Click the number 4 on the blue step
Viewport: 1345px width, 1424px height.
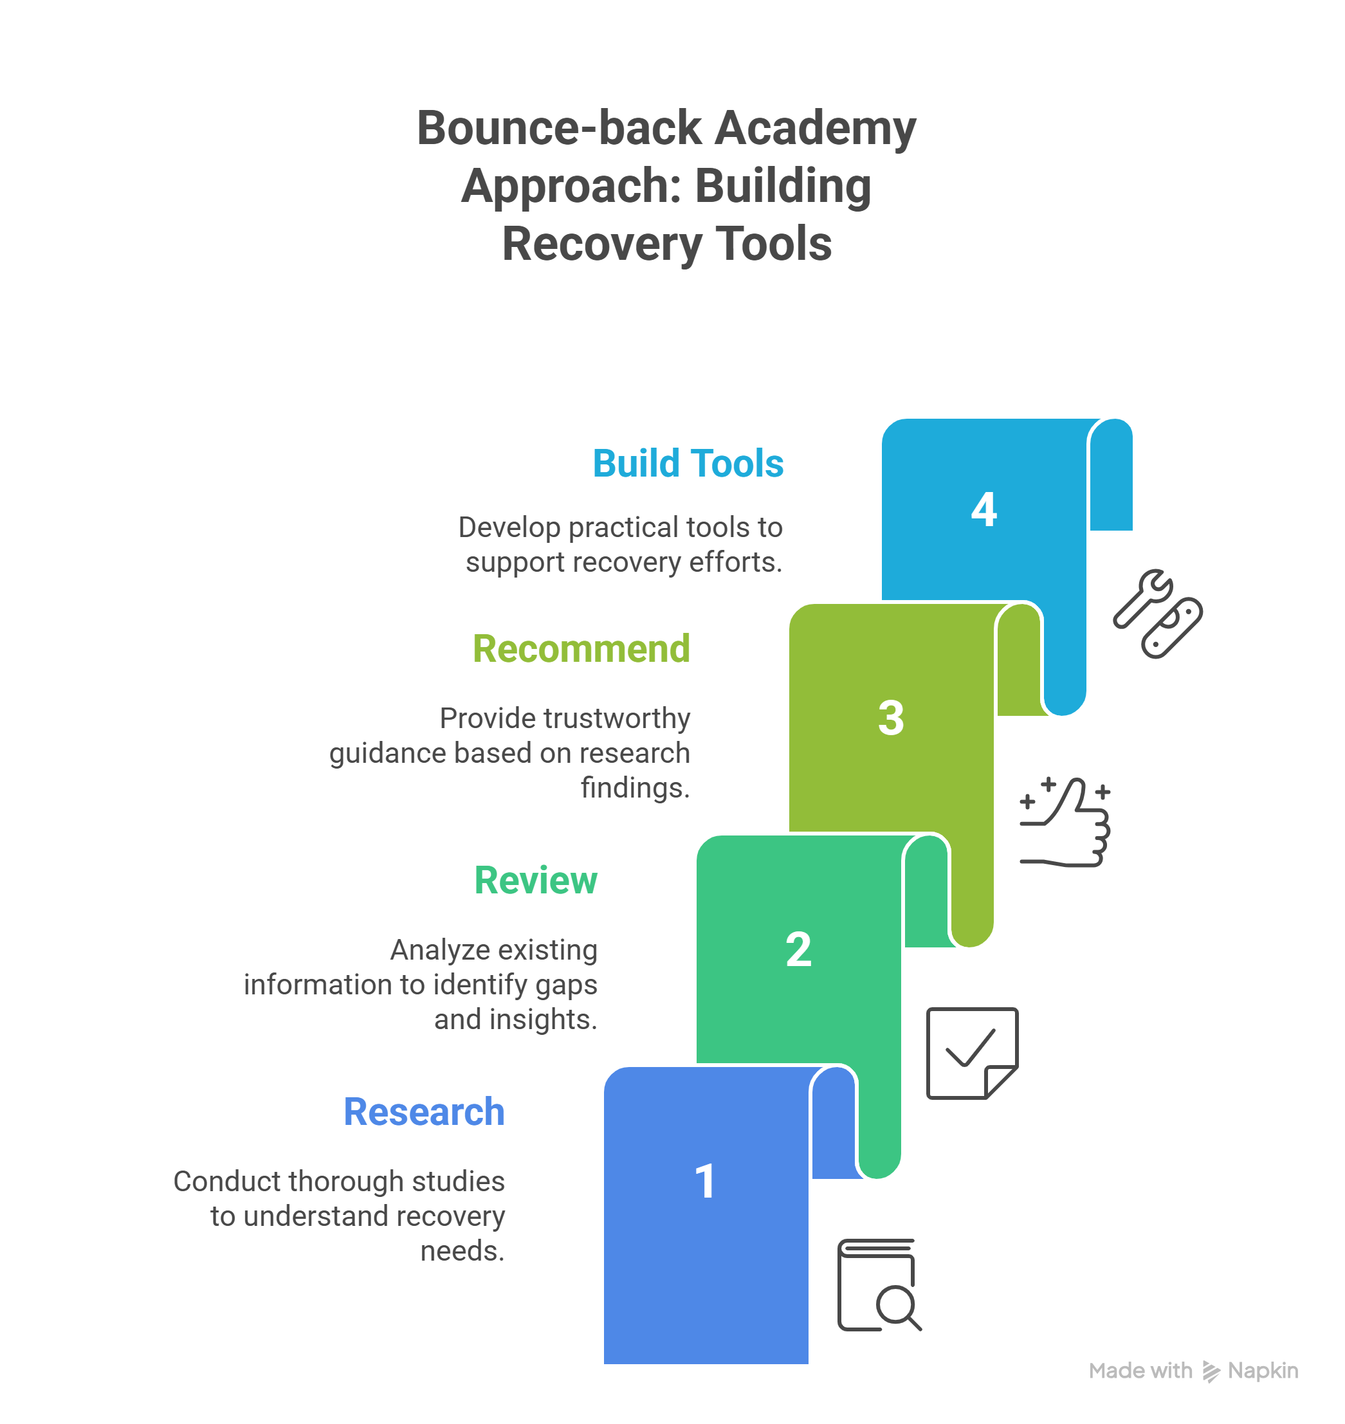[x=984, y=510]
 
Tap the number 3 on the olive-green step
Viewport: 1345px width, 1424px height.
[x=891, y=718]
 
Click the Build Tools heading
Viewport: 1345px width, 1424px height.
[x=688, y=463]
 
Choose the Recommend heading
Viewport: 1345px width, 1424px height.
[x=581, y=649]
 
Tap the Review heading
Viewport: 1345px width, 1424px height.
[x=536, y=881]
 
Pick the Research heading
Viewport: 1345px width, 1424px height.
[x=424, y=1112]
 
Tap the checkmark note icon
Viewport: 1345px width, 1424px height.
[x=972, y=1053]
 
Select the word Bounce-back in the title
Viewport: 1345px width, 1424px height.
[x=559, y=129]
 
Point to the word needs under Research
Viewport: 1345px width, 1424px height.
[x=462, y=1251]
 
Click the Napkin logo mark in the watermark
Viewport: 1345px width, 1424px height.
[x=1211, y=1371]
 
